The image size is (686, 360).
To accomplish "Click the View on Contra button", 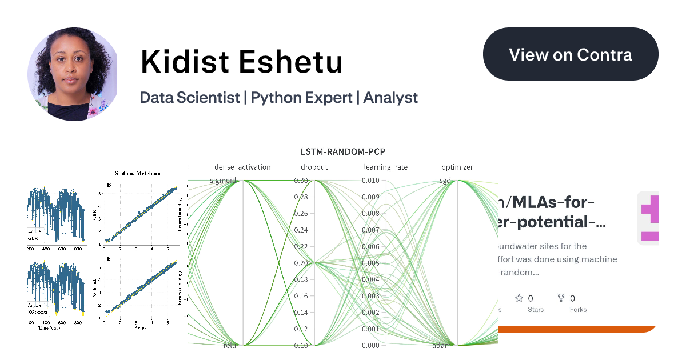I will pos(571,54).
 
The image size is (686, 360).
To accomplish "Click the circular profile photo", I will pos(72,74).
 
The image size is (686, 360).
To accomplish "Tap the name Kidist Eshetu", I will pos(241,62).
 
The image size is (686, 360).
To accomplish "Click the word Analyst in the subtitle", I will pos(390,98).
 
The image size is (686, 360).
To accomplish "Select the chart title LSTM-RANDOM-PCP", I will pos(343,151).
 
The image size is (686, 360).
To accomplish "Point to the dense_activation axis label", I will pos(242,167).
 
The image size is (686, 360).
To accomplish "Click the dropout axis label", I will pos(314,167).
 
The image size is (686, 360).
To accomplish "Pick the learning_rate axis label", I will pos(386,167).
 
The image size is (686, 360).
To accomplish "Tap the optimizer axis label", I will pos(457,167).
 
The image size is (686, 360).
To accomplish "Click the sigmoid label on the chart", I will pos(223,181).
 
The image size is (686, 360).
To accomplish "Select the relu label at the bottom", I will pos(230,346).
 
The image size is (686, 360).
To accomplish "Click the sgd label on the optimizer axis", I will pos(445,181).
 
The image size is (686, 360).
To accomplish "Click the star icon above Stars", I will pos(519,298).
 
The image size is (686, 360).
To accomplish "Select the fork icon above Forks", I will pos(561,298).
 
